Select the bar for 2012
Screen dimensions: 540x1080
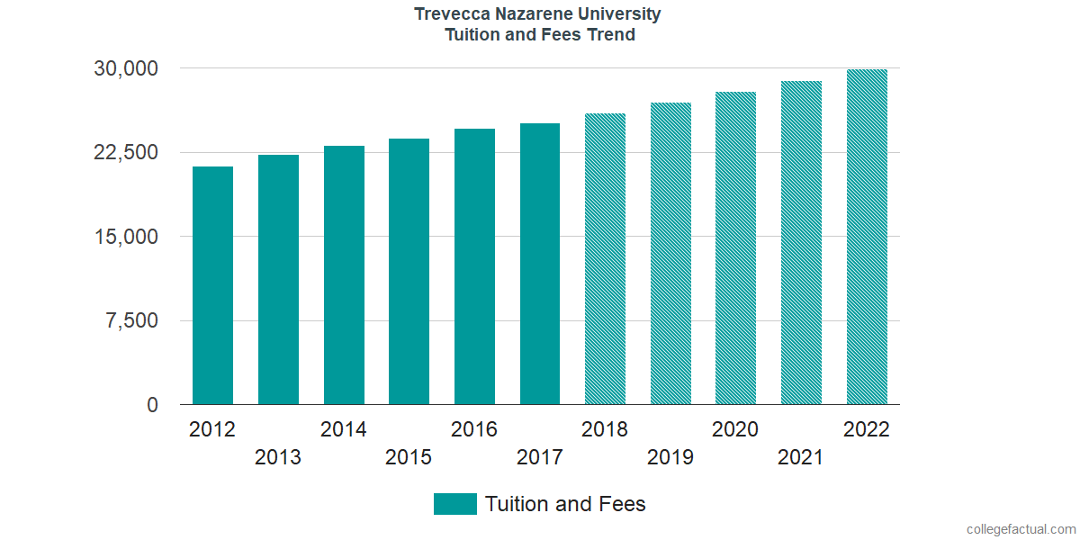(212, 285)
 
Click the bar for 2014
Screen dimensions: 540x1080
(344, 275)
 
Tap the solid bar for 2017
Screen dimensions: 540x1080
(540, 264)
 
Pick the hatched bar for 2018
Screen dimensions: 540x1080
(605, 259)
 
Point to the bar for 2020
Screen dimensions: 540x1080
(735, 248)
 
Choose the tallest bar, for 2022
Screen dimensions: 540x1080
(867, 237)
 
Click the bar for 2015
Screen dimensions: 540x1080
(409, 272)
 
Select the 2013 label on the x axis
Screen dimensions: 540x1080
(278, 457)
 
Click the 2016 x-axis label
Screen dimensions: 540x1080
(474, 429)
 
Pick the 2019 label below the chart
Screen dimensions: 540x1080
(670, 457)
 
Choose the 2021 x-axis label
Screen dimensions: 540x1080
(801, 457)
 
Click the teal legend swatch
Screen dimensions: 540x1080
(454, 504)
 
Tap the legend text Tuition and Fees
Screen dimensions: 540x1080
(565, 504)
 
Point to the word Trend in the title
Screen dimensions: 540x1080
(611, 35)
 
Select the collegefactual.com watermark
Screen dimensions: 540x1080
(1020, 529)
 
